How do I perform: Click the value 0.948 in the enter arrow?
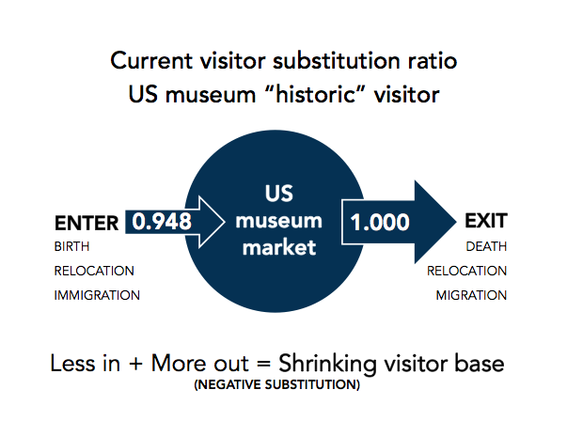coord(162,222)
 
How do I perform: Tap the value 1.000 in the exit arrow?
coord(380,222)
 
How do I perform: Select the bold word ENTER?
coord(87,223)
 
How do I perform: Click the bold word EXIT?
coord(486,221)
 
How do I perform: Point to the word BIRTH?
coord(72,246)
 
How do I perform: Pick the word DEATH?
coord(486,246)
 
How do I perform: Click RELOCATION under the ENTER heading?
coord(94,271)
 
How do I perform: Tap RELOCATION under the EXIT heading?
coord(466,271)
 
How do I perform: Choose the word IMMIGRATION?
coord(97,295)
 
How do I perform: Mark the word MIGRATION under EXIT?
coord(471,295)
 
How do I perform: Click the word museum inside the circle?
coord(279,221)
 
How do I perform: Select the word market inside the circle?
coord(279,247)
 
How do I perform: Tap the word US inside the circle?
coord(279,193)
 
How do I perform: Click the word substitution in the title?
coord(337,60)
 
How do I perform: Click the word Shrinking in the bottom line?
coord(327,365)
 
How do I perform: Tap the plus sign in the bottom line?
coord(135,364)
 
